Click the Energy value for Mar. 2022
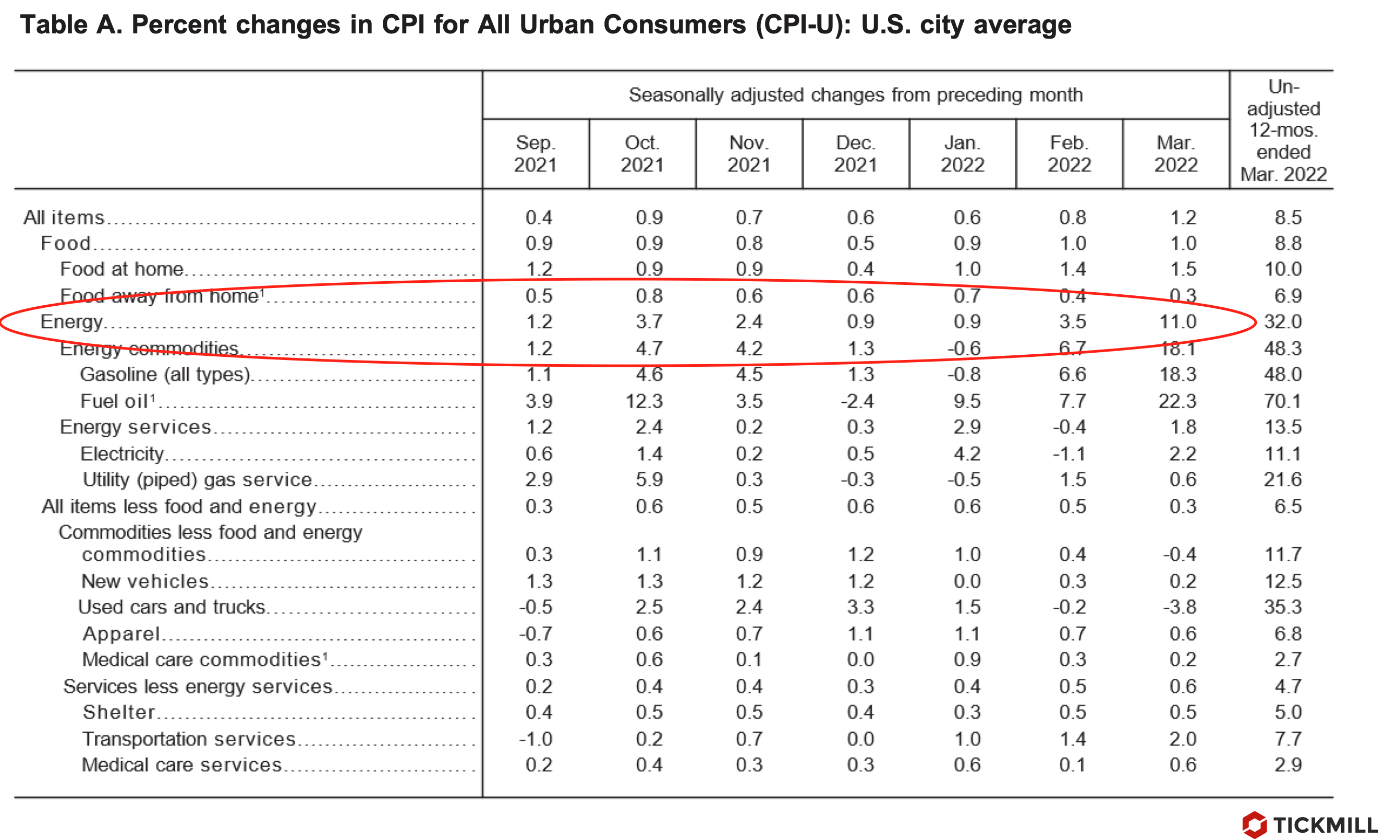pos(1178,322)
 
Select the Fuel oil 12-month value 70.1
pos(1282,401)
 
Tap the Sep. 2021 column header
pos(535,153)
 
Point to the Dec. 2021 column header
pos(855,153)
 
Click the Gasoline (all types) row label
pos(165,374)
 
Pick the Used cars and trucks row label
pos(172,607)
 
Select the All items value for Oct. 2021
pos(649,218)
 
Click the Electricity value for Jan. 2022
pos(967,454)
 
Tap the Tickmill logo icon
pos(1254,824)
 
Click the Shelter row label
pos(119,713)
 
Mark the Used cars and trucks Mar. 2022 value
pos(1179,607)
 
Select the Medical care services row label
pos(181,765)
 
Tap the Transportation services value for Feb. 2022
pos(1072,739)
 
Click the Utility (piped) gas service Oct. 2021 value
pos(649,480)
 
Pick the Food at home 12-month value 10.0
pos(1282,269)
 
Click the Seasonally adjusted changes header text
pos(855,95)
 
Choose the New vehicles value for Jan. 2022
pos(967,581)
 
